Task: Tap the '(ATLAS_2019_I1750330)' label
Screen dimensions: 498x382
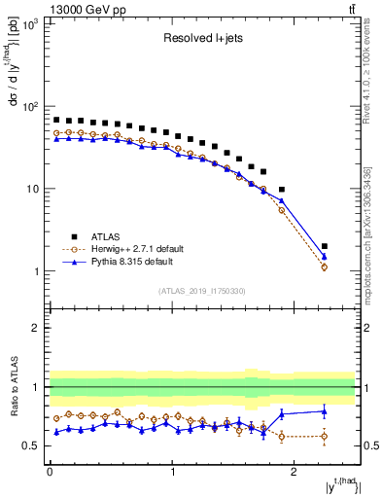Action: pos(202,291)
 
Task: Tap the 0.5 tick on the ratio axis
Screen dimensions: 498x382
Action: pos(33,445)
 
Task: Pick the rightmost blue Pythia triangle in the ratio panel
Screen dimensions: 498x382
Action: pos(325,411)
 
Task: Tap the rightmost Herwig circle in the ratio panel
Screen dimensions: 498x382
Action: pos(325,436)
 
